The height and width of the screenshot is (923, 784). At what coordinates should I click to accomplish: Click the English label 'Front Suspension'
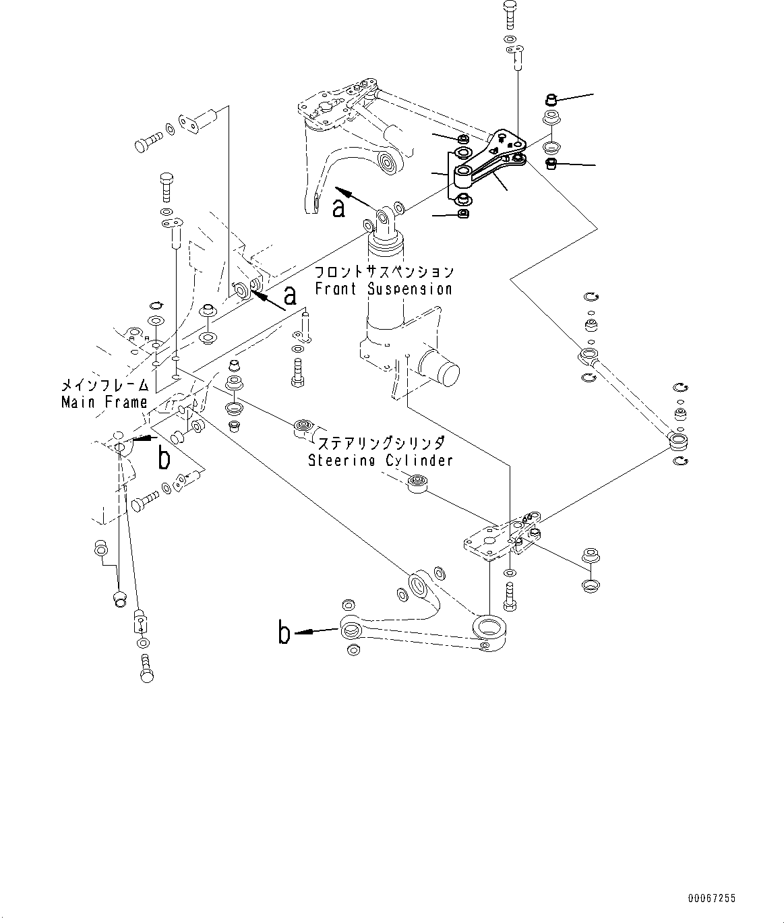click(383, 289)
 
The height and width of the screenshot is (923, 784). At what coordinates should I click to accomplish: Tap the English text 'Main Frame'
click(104, 403)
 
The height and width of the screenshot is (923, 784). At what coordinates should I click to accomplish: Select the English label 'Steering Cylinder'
click(380, 460)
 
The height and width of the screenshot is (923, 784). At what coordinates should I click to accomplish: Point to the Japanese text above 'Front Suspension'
click(384, 272)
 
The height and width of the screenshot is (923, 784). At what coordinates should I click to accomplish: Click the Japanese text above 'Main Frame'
click(104, 386)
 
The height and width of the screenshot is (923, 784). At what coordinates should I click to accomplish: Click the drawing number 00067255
click(712, 898)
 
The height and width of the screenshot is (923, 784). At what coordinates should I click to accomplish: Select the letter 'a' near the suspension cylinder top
click(339, 208)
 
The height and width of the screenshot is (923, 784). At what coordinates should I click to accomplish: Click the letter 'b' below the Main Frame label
click(164, 459)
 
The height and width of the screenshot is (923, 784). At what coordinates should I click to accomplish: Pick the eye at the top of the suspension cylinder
click(386, 218)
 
